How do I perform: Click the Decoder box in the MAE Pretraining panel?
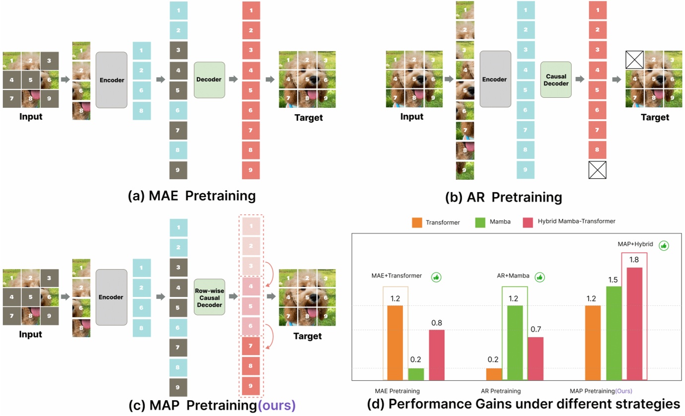209,79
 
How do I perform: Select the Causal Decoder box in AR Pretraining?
556,79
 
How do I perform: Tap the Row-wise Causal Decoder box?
209,297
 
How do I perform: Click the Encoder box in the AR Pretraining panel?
494,79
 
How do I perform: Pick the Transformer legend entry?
437,222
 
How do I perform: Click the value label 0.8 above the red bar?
436,323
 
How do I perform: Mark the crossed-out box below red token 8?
598,170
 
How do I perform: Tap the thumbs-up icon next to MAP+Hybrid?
664,245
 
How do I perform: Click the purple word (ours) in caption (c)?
276,405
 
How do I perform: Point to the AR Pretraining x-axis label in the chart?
500,391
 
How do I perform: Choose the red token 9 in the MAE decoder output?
251,170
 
